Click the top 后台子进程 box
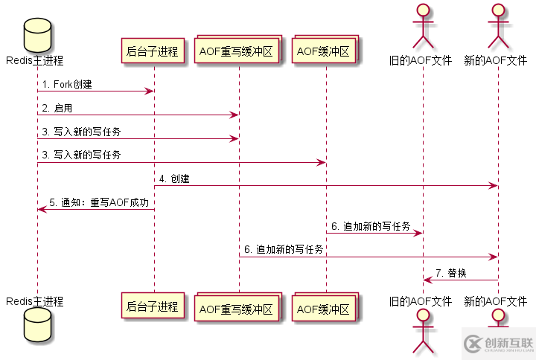[153, 51]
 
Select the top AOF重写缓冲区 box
[238, 51]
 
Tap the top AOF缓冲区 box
[325, 51]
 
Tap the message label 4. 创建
[174, 179]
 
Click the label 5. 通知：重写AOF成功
[99, 202]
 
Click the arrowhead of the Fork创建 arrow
[150, 91]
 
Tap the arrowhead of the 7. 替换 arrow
[427, 280]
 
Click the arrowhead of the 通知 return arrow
[41, 209]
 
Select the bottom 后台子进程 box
[153, 306]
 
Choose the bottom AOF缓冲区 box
[325, 306]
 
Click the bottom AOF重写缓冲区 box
[238, 306]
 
